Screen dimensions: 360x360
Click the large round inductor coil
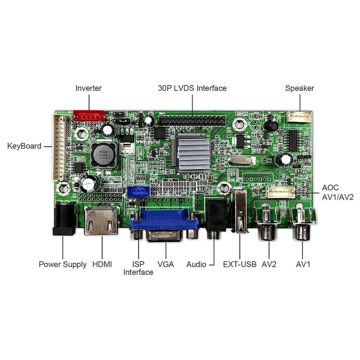102,155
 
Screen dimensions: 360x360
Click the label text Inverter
89,88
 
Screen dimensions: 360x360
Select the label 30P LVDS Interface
192,88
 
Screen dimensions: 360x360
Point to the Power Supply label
63,264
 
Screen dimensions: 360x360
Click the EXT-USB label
239,264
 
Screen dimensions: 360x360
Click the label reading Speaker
300,88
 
